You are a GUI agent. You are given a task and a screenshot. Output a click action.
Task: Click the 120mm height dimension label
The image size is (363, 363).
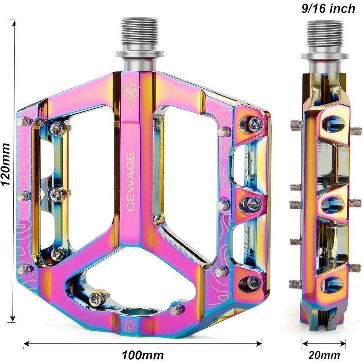6,165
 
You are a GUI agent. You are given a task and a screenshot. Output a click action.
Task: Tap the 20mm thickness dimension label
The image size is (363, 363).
324,350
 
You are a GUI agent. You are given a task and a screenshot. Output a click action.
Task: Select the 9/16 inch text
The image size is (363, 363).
328,9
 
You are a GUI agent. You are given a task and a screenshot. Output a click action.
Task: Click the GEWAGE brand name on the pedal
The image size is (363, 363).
131,182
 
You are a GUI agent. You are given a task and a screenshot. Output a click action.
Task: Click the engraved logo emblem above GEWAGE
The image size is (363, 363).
131,94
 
